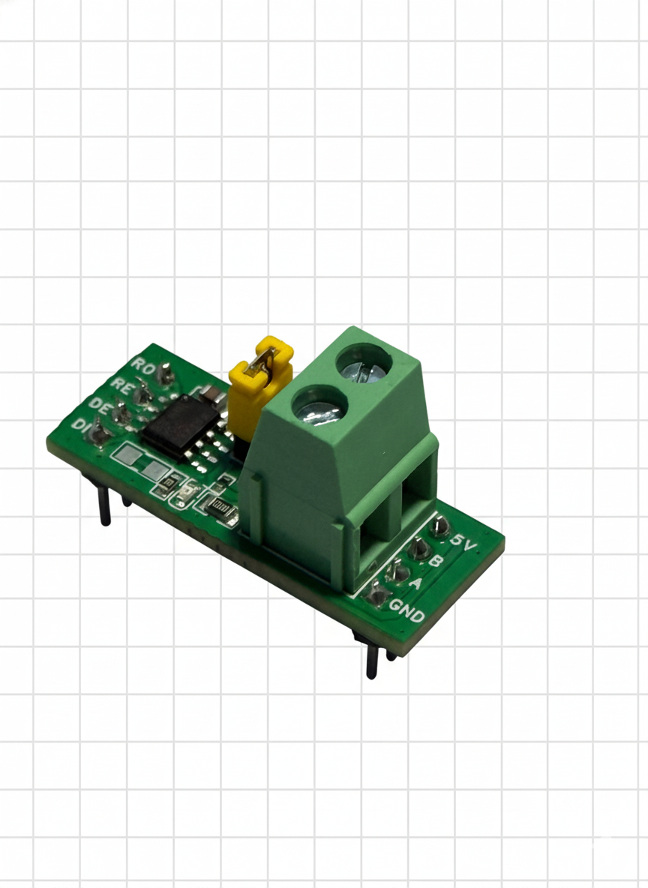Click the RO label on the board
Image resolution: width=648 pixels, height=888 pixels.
143,365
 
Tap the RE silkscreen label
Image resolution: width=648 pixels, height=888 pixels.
121,385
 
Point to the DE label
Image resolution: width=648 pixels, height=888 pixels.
100,406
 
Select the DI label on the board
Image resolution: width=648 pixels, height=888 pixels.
80,427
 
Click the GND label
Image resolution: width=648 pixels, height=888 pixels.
406,610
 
